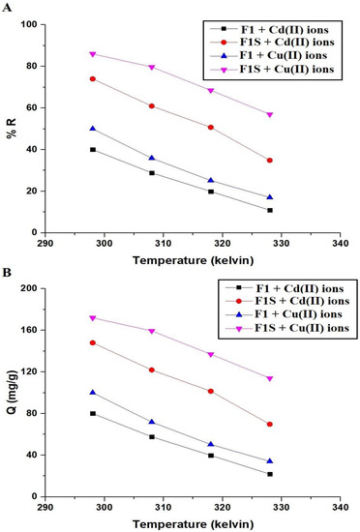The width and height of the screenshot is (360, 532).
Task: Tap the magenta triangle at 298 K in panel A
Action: point(93,54)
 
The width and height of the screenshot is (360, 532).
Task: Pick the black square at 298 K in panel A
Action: point(93,150)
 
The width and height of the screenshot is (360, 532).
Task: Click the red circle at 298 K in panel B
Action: point(93,342)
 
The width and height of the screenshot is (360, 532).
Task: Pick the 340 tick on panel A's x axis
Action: point(341,242)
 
